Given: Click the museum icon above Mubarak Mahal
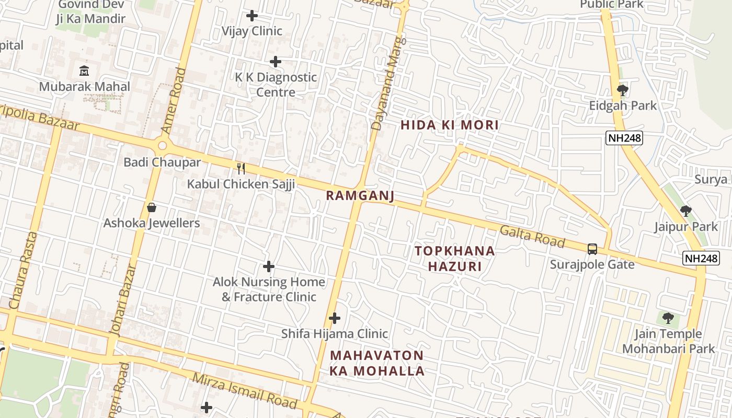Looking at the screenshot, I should click(84, 70).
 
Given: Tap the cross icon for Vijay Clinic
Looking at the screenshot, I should click(252, 16).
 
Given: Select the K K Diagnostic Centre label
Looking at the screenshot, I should click(276, 85).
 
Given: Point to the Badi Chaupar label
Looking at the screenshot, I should click(162, 162).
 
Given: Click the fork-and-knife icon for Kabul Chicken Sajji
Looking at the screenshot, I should click(241, 168).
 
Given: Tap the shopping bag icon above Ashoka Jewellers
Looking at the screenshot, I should click(152, 207).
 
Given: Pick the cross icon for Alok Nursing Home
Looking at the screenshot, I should click(269, 266).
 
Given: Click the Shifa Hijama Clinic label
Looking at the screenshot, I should click(335, 333).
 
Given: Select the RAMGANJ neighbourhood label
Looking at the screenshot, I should click(360, 195).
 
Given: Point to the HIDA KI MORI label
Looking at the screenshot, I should click(450, 125).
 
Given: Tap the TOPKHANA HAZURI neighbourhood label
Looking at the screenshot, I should click(455, 259).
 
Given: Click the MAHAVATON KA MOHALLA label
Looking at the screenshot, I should click(377, 363).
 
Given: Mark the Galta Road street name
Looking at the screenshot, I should click(532, 237).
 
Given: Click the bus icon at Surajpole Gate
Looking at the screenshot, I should click(592, 249).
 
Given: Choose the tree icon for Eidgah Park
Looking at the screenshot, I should click(622, 90).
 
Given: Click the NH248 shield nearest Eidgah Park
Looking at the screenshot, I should click(624, 138).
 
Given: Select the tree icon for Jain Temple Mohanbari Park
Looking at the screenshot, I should click(668, 318).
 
